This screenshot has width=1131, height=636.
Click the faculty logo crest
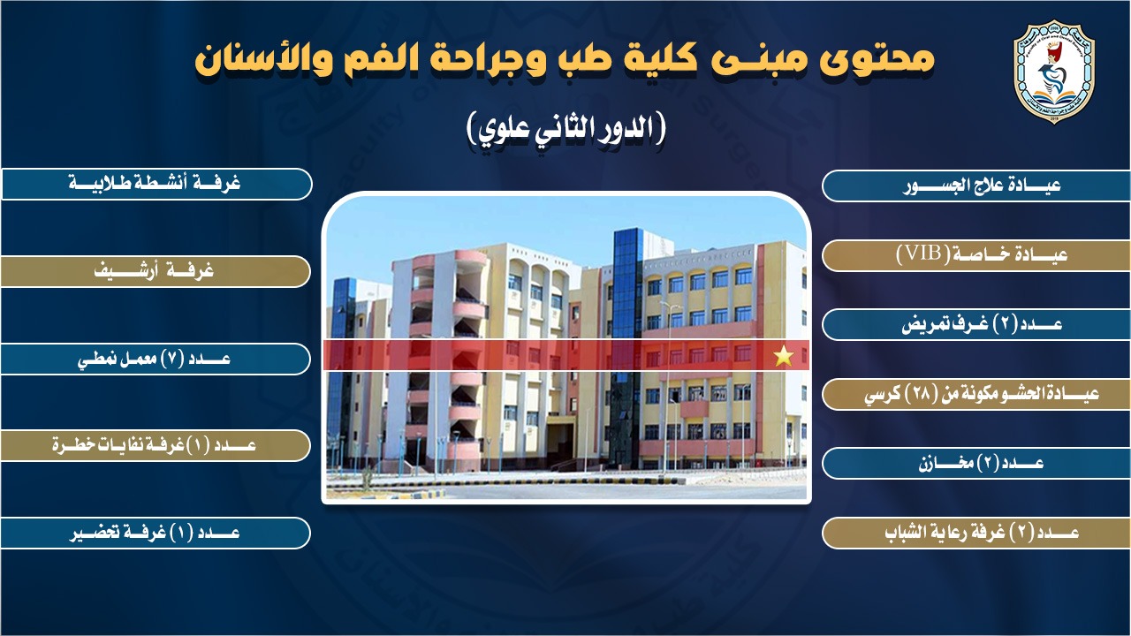pos(1053,72)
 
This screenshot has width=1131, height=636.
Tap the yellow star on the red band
pos(784,356)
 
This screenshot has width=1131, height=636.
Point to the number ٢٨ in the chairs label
pos(921,394)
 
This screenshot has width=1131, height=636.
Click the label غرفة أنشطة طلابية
pos(156,184)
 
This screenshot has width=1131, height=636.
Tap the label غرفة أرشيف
pos(156,271)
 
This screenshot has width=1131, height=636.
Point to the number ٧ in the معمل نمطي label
pos(171,359)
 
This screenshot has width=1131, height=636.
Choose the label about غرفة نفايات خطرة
pos(156,446)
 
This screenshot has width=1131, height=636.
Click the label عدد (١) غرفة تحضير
pos(156,533)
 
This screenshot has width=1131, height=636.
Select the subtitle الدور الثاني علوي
pos(565,129)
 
